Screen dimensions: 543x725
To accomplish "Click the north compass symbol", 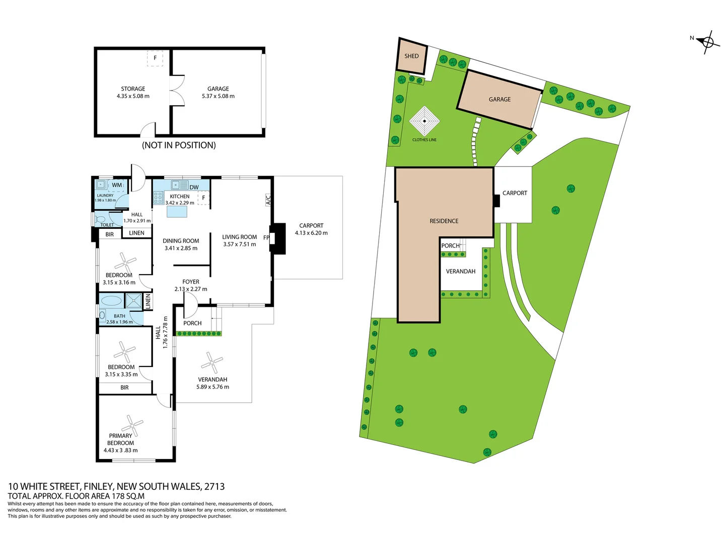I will (x=707, y=42).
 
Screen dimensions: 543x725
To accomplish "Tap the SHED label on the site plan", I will (x=411, y=56).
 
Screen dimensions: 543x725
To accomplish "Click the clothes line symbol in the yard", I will (x=424, y=121).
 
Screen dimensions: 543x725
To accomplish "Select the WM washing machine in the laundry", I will (x=117, y=185).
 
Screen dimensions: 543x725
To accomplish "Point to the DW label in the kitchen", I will (x=194, y=187).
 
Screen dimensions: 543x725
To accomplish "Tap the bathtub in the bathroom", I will (x=111, y=301).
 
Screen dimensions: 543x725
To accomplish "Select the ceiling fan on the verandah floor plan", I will (x=211, y=362).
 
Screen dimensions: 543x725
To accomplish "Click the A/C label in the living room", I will (x=268, y=200).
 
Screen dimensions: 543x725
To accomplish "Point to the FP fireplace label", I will (x=266, y=237).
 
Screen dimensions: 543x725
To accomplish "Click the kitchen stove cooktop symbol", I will (x=158, y=198).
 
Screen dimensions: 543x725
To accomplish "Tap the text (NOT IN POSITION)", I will (x=179, y=145).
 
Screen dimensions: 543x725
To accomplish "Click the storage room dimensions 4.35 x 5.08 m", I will (x=133, y=96).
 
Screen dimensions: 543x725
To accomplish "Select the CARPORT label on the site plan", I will (x=515, y=193).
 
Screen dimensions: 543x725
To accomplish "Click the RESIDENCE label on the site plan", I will (x=444, y=221).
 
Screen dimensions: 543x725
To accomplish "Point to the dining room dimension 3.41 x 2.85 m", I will (x=181, y=248).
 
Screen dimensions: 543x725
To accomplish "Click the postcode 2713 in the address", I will (x=214, y=486).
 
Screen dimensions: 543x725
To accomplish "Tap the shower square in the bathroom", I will (x=134, y=301).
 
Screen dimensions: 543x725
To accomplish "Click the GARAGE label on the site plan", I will (x=499, y=100).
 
